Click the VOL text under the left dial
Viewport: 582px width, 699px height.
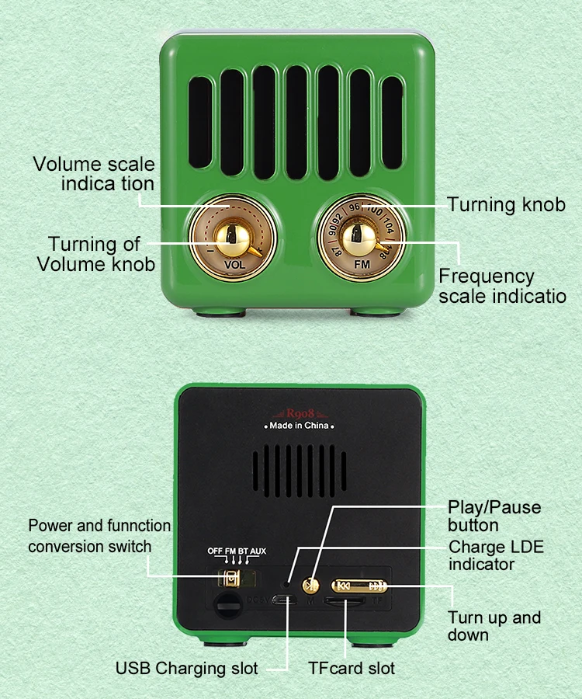234,264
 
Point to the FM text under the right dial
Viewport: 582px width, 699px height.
362,264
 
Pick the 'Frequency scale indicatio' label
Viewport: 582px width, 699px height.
501,286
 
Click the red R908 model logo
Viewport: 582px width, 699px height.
300,413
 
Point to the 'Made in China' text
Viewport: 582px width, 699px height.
300,426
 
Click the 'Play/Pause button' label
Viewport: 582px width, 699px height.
494,516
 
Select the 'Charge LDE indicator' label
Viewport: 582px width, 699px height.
496,555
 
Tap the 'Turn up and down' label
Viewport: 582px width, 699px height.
494,626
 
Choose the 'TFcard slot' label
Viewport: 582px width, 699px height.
352,668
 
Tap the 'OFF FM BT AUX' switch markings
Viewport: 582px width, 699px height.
237,551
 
